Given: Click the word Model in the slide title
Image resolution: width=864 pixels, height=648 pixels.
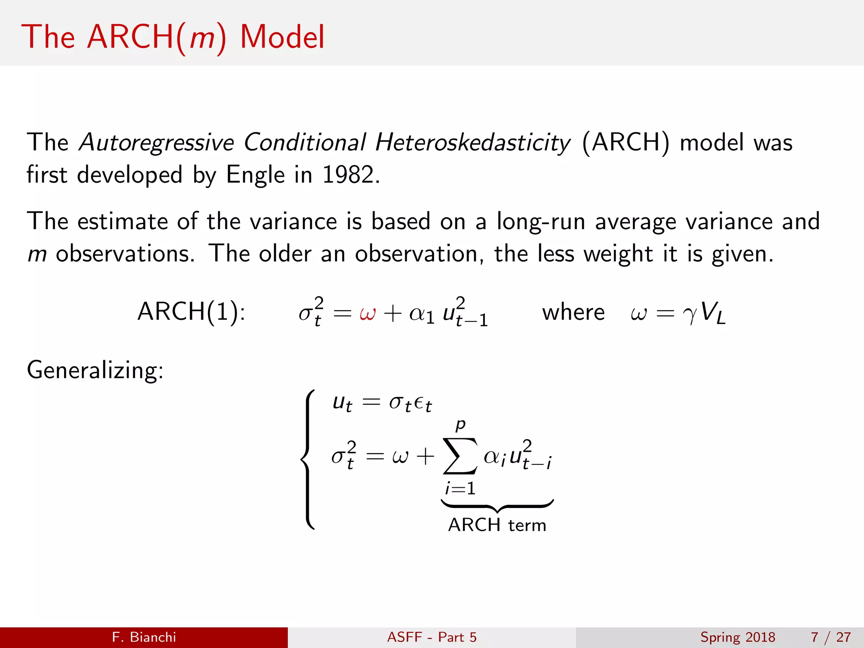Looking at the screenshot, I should pos(282,37).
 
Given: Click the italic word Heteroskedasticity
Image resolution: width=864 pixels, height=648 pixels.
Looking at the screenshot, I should pos(472,143).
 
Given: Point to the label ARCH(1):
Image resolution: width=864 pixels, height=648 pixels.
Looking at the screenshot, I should pos(191,312).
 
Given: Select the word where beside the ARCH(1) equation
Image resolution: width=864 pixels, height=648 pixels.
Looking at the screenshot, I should pos(573,313).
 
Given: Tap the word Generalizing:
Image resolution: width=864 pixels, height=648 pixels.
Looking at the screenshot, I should pos(95,370).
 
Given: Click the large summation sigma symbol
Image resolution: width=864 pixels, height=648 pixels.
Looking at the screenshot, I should pos(460,456).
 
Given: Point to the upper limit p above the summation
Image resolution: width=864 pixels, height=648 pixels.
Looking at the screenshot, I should pos(460,424).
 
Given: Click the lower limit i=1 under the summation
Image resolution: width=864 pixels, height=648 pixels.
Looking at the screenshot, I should pos(460,489).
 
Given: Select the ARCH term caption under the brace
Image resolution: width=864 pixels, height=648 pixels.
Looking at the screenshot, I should pos(497,525).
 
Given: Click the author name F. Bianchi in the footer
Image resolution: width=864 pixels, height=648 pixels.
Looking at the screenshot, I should pos(144,637).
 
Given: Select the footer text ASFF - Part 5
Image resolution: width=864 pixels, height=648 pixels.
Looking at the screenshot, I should pos(432,637).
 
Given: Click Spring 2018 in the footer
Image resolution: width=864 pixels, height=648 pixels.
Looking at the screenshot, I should pos(737,637).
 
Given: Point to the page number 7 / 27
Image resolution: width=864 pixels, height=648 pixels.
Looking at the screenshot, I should pos(830,637).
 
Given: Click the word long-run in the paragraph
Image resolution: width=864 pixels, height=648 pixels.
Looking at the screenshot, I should pos(540,222).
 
